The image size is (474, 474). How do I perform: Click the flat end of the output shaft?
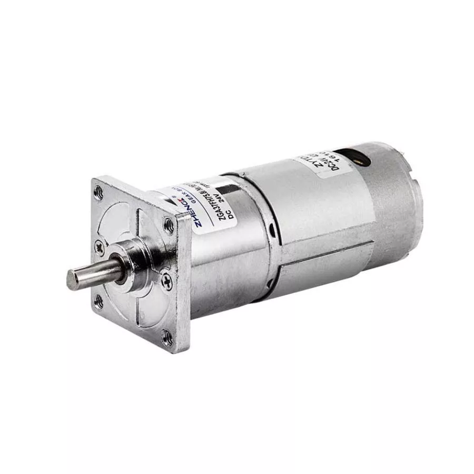coord(72,276)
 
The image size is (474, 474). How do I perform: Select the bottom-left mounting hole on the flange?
coord(98,301)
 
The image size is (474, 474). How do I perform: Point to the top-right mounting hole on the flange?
coord(169,225)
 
